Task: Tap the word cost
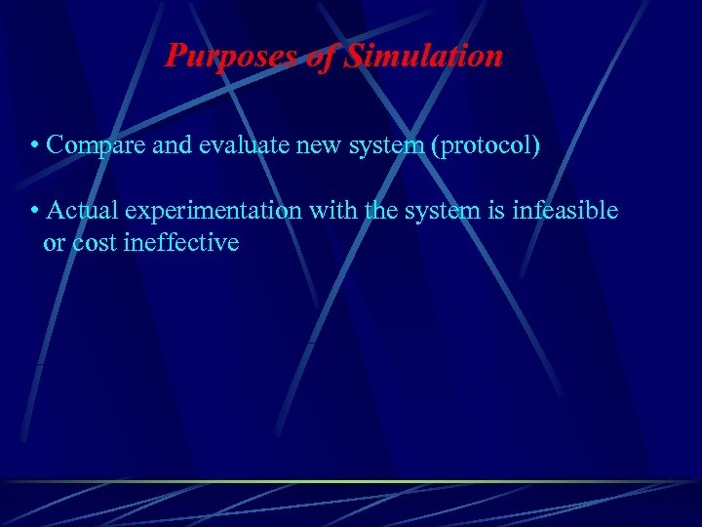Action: (x=96, y=242)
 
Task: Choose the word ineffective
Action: (x=181, y=242)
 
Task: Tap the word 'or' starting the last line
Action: (x=54, y=243)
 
